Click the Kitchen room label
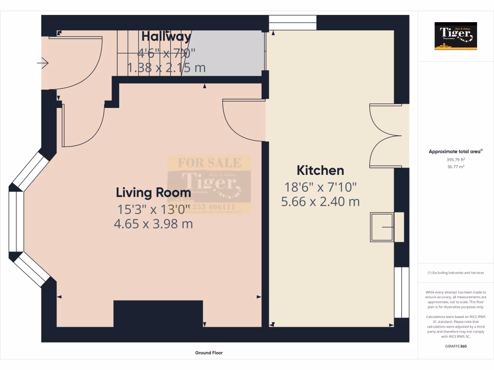point(320,171)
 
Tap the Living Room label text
point(153,193)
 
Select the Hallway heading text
point(166,37)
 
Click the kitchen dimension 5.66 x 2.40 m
point(320,201)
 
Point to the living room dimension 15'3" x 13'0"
point(154,210)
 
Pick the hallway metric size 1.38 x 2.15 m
point(166,67)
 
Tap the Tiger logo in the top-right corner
point(455,36)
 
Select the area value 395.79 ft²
point(455,159)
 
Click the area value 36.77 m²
point(455,166)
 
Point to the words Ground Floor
point(209,353)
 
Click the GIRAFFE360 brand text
point(455,346)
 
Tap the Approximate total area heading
point(455,151)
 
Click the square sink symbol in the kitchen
point(382,227)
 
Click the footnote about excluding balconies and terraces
point(455,273)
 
